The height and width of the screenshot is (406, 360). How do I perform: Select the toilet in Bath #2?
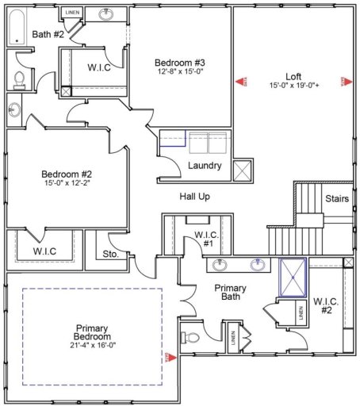pyautogui.click(x=19, y=78)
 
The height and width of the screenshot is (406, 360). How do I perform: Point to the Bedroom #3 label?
pyautogui.click(x=180, y=63)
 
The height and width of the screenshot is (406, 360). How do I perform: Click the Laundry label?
pyautogui.click(x=204, y=166)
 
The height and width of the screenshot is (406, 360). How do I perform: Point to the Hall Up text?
pyautogui.click(x=194, y=196)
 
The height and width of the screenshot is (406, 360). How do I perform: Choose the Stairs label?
pyautogui.click(x=336, y=199)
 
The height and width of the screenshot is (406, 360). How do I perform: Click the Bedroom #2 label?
pyautogui.click(x=67, y=174)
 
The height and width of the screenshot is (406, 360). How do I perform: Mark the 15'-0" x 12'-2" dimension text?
pyautogui.click(x=67, y=184)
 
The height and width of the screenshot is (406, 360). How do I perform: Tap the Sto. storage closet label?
pyautogui.click(x=111, y=255)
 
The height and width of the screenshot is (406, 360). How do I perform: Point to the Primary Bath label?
pyautogui.click(x=231, y=293)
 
